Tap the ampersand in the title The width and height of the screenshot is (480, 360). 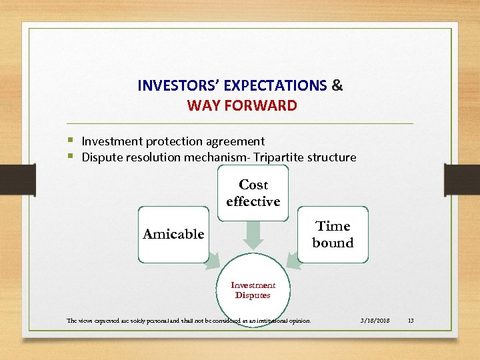[x=337, y=86]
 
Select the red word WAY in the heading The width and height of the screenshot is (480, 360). [x=202, y=105]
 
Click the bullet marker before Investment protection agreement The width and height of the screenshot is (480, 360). [x=71, y=141]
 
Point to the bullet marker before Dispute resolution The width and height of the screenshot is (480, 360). [x=71, y=157]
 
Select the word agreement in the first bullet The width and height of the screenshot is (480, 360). [x=236, y=141]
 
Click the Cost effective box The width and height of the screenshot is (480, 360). [x=253, y=193]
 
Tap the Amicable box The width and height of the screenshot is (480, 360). [x=173, y=234]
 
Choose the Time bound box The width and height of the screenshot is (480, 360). [x=333, y=235]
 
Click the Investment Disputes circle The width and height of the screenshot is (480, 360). [x=253, y=290]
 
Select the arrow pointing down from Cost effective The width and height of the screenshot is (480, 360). [x=253, y=234]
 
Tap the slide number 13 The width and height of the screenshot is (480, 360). [x=411, y=321]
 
